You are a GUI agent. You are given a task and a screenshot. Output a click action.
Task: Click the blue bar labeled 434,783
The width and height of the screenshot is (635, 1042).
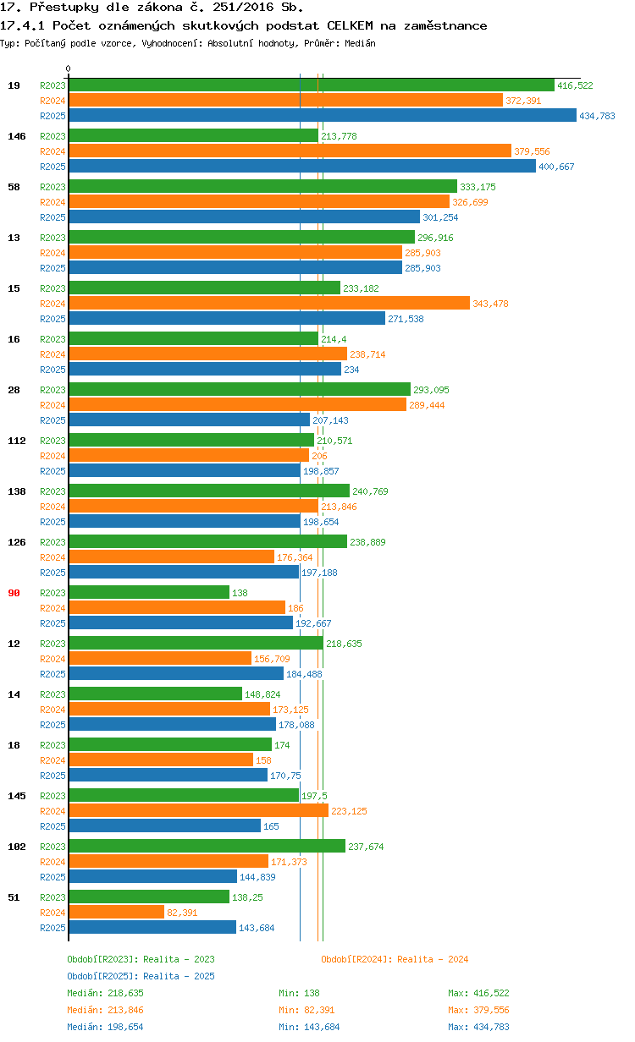[x=322, y=116]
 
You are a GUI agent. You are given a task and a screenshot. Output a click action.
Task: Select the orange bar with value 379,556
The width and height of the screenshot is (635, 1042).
[x=290, y=151]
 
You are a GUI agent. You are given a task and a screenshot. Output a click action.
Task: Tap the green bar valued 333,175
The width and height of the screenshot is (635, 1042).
[x=262, y=186]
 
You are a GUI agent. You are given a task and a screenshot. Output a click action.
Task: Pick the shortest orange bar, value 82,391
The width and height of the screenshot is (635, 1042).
[x=116, y=912]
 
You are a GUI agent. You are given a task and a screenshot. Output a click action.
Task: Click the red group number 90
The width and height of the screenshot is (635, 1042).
[x=14, y=593]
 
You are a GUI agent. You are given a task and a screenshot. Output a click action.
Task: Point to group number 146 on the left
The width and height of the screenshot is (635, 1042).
[x=17, y=136]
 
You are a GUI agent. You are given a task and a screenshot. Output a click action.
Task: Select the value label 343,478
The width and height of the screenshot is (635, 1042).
[x=490, y=304]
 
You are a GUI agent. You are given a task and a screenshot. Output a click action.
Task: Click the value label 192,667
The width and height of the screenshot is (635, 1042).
[x=313, y=623]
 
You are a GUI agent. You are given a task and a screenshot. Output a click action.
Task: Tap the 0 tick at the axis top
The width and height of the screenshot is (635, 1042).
[x=69, y=69]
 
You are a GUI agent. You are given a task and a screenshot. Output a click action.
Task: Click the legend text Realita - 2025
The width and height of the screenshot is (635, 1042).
[x=179, y=976]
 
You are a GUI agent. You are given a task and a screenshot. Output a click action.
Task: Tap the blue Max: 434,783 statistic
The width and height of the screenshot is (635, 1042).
[x=478, y=1027]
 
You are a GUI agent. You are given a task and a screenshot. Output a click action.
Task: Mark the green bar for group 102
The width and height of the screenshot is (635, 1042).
[x=207, y=846]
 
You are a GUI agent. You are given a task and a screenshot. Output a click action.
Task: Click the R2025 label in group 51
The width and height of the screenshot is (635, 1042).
[x=52, y=928]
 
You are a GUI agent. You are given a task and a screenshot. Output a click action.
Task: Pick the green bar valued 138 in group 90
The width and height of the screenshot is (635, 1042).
[x=148, y=592]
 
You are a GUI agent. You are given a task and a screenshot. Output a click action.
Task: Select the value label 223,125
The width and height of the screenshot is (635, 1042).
[x=349, y=811]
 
